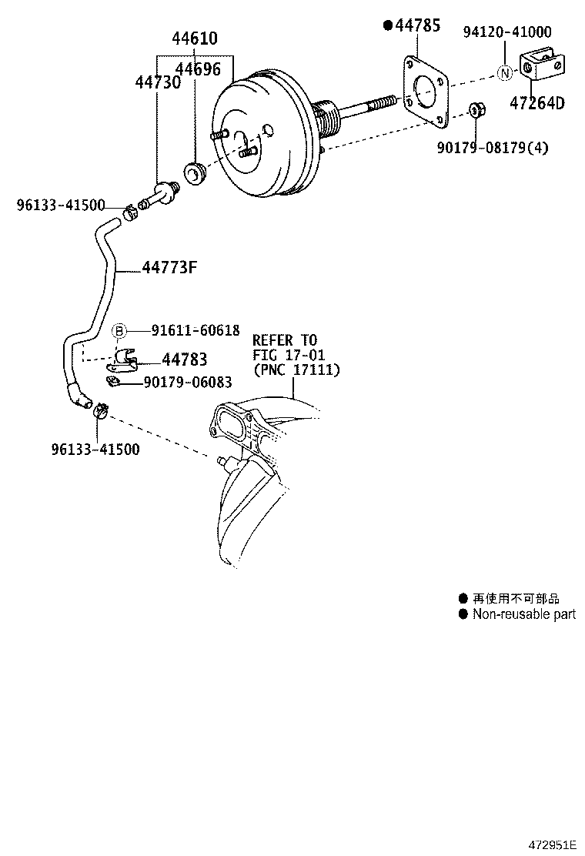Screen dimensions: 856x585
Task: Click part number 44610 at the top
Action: [x=194, y=38]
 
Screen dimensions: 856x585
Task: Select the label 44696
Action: [x=198, y=69]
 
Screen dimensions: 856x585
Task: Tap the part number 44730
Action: [x=158, y=82]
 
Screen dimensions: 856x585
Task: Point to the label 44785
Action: [x=417, y=26]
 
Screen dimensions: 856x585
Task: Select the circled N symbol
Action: [x=504, y=74]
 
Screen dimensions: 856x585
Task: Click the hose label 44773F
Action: [x=170, y=268]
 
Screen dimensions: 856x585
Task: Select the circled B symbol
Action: [x=120, y=331]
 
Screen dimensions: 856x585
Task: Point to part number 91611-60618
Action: [x=196, y=330]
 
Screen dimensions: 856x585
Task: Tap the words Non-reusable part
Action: [x=523, y=614]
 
